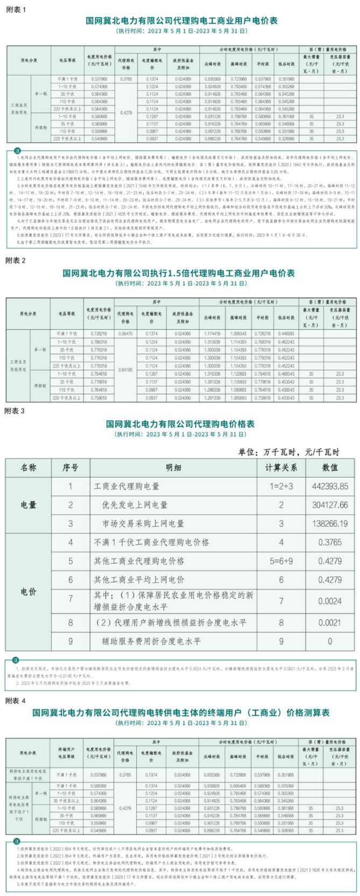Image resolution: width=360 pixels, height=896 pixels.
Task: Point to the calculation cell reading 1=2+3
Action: click(x=281, y=486)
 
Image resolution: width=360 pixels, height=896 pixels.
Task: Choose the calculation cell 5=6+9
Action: click(x=281, y=561)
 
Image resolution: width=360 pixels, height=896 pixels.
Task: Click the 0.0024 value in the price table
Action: click(x=330, y=601)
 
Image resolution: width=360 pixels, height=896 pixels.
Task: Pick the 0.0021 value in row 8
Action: click(x=330, y=622)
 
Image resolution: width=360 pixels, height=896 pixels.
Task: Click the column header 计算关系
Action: click(x=281, y=468)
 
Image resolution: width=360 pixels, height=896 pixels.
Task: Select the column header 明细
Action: click(x=173, y=468)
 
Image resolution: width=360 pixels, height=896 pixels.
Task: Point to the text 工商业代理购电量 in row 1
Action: click(x=127, y=486)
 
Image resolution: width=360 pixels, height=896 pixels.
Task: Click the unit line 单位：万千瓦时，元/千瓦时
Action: click(x=288, y=452)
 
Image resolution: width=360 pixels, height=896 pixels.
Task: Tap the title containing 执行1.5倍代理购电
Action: click(x=179, y=273)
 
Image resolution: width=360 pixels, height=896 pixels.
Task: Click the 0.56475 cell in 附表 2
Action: click(x=125, y=334)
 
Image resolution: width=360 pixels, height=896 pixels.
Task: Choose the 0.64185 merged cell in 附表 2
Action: click(x=125, y=370)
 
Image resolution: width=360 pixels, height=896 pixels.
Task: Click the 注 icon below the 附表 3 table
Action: click(x=16, y=660)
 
